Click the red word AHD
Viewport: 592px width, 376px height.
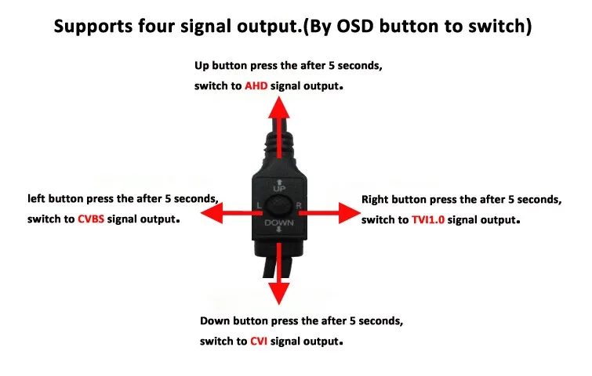click(x=256, y=85)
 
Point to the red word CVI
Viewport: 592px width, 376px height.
click(x=260, y=342)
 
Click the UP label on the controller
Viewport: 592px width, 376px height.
click(x=278, y=189)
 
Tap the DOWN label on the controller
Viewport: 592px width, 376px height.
click(x=278, y=224)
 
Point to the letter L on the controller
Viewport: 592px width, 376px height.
click(x=259, y=206)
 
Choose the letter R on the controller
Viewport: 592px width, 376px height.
click(x=299, y=206)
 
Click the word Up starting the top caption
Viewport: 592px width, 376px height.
click(x=203, y=65)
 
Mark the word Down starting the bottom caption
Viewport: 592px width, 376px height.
click(x=215, y=321)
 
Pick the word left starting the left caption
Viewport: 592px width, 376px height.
click(x=37, y=199)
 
